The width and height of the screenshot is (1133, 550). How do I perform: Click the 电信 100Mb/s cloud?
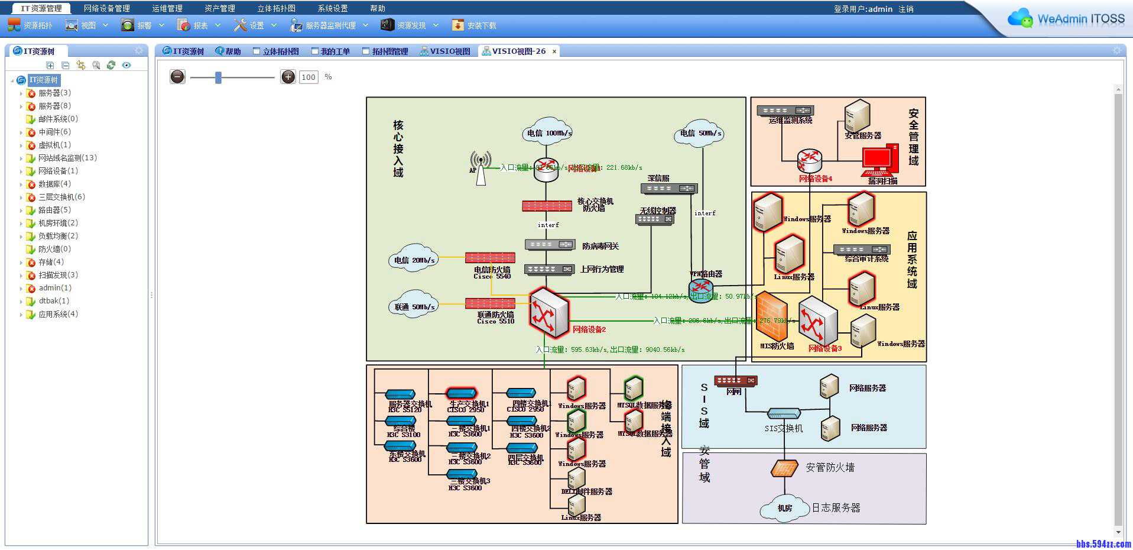click(x=548, y=132)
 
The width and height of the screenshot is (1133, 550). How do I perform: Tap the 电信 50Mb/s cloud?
click(x=700, y=133)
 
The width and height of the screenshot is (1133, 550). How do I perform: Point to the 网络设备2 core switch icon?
click(x=548, y=312)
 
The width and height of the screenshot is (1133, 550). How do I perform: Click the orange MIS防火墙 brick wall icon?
click(x=772, y=316)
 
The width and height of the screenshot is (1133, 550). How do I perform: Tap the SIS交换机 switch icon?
click(x=784, y=413)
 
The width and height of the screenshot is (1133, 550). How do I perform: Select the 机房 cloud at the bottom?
click(x=784, y=508)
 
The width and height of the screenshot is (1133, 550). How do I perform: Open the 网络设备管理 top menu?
click(x=106, y=8)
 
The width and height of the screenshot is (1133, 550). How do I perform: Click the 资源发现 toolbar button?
click(x=410, y=25)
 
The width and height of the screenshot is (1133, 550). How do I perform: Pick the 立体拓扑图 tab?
click(x=276, y=51)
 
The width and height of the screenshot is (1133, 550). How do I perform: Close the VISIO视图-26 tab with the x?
click(x=554, y=51)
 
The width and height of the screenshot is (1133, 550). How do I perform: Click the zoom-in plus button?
click(x=288, y=77)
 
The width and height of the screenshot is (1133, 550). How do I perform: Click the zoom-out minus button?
click(x=177, y=77)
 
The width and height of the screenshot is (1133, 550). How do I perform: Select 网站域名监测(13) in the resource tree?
click(x=67, y=158)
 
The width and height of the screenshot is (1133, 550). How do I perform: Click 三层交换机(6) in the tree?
click(x=61, y=197)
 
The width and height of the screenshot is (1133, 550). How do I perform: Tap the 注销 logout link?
click(x=905, y=9)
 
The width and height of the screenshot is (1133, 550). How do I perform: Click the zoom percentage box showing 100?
click(x=309, y=77)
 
